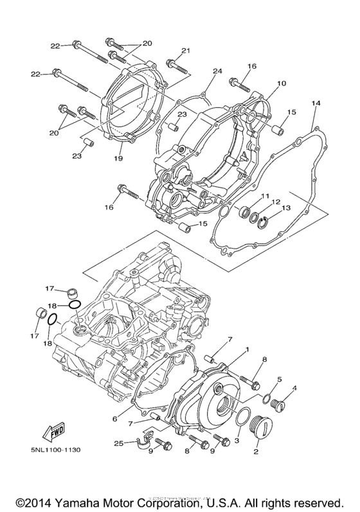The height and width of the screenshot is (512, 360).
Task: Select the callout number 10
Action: pos(281,84)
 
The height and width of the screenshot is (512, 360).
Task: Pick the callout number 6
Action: pos(114,419)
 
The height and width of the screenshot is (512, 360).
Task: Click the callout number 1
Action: pos(246,350)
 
